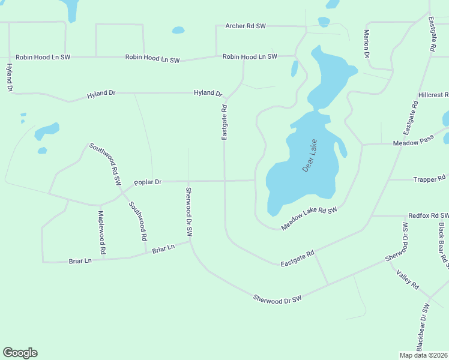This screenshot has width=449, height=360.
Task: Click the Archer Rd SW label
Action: [246, 26]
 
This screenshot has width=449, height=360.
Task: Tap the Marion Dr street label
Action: [366, 44]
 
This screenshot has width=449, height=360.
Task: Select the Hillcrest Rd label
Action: [433, 95]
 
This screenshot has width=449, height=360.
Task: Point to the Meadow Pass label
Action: [413, 143]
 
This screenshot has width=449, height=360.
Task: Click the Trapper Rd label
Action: [430, 179]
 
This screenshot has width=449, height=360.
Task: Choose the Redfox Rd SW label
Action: [428, 215]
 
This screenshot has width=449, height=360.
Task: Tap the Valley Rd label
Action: [407, 280]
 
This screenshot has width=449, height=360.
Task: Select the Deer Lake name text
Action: [310, 156]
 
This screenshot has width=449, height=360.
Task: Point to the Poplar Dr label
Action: [148, 182]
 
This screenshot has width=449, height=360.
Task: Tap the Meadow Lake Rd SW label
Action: [310, 218]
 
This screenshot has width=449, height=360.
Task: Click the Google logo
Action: [20, 353]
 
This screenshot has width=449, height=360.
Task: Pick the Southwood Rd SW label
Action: [105, 163]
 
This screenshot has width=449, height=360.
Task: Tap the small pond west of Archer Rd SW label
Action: [178, 30]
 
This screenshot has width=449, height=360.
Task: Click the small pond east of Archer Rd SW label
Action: [324, 22]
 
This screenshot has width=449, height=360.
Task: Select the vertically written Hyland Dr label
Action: [10, 77]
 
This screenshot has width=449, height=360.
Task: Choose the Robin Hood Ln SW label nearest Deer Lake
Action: [250, 56]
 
